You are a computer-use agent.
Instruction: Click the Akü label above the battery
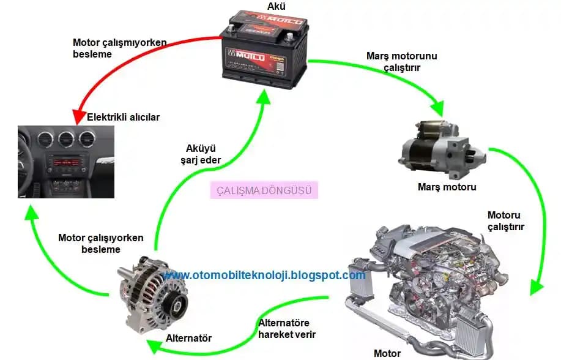click(276, 7)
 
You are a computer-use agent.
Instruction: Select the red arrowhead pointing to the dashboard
click(80, 116)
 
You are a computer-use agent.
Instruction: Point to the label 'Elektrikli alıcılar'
click(124, 117)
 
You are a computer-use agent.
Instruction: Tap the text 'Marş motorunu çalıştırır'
click(401, 61)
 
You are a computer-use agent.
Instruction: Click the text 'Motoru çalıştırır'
click(506, 220)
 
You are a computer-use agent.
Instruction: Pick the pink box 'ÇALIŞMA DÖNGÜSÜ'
click(265, 190)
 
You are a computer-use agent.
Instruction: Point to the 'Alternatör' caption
click(188, 338)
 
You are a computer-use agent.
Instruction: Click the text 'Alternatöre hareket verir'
click(287, 329)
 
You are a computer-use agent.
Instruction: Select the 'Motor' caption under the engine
click(387, 353)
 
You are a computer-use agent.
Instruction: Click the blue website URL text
click(265, 275)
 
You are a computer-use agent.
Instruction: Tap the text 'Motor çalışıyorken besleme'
click(100, 243)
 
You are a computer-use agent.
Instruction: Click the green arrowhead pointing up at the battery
click(263, 97)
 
